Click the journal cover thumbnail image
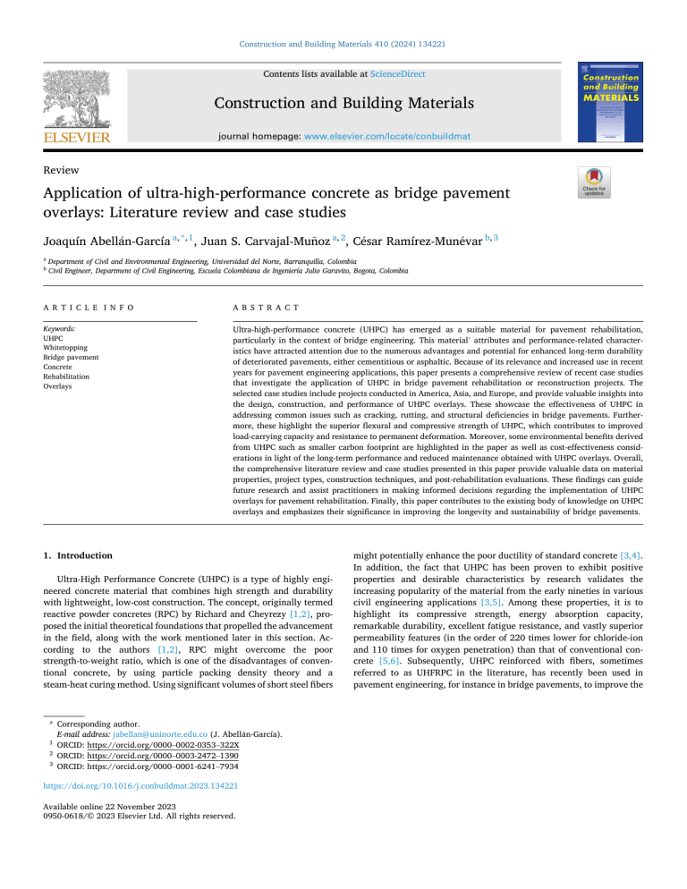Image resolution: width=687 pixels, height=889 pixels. point(610,105)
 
